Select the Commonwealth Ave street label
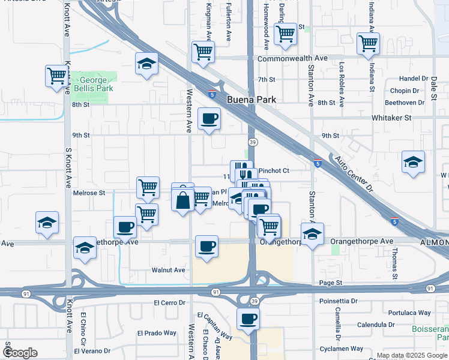click(x=292, y=59)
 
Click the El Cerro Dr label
click(x=171, y=302)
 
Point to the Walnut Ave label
click(x=168, y=270)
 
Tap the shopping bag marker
click(x=183, y=199)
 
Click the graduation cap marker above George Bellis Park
click(x=146, y=64)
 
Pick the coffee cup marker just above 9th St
click(x=208, y=118)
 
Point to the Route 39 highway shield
click(x=253, y=142)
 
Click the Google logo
click(x=20, y=353)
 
